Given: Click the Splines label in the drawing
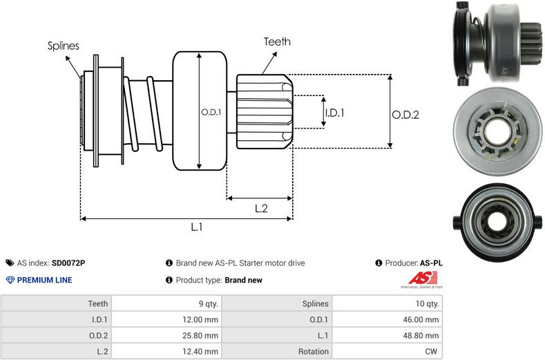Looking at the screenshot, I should pos(64,46).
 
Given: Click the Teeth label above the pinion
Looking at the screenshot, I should pos(277,41).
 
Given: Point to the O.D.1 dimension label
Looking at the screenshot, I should pos(211,112).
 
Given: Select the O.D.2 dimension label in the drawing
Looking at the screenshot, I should pos(405,115).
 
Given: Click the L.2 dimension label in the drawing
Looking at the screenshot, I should pos(261,208).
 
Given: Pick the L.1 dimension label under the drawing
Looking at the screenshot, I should pos(196,227).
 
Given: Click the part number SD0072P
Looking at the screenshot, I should pos(69,263).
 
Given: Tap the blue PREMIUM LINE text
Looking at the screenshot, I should pos(44,281).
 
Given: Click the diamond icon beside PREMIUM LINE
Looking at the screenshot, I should pos(10,281).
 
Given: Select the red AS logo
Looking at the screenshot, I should pos(419,278).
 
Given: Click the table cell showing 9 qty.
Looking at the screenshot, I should pos(207,303).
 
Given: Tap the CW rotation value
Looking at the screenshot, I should pos(432,352).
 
